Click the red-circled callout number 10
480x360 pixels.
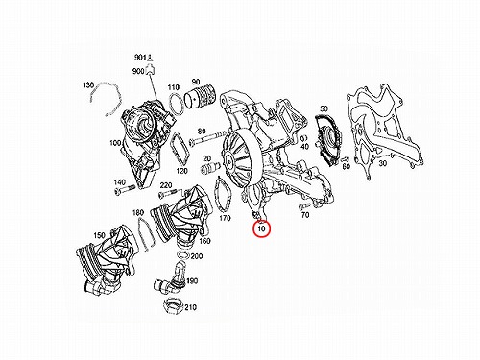pos(262,228)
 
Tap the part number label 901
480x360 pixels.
pos(139,58)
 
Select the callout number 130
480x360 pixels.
pos(88,85)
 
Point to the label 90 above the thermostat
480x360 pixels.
pos(196,82)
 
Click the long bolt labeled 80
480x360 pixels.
pos(206,137)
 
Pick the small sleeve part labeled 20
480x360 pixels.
pos(210,167)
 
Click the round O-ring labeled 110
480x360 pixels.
pos(176,105)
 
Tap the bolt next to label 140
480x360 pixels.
pos(123,190)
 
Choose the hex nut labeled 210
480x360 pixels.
pos(173,305)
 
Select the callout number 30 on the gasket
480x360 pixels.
pos(383,163)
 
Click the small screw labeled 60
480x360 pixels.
pos(345,159)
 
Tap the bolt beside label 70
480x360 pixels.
pos(304,204)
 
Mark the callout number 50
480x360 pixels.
pos(324,108)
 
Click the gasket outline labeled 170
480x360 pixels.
pos(223,195)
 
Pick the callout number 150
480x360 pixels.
pos(99,235)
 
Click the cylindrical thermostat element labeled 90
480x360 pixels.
pos(201,98)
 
